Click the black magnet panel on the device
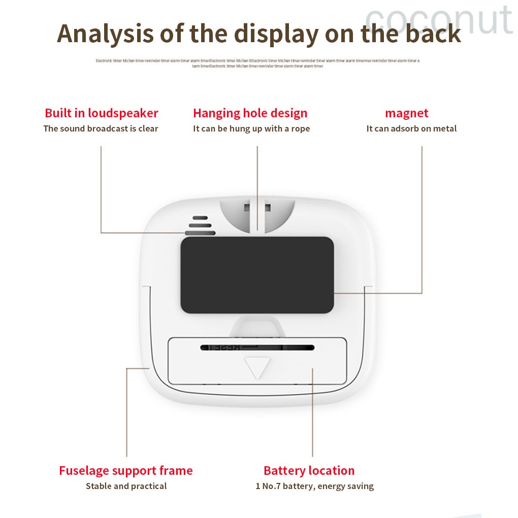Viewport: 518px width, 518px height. point(257,274)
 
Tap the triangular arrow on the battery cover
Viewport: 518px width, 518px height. point(257,366)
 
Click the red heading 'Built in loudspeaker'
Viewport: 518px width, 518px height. point(102,113)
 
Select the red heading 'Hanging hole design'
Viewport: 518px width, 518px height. point(250,113)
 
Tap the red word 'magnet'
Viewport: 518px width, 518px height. point(406,113)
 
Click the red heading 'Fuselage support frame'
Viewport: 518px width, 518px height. point(126,471)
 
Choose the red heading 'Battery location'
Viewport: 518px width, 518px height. point(309,471)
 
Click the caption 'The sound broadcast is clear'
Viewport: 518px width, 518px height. point(101,128)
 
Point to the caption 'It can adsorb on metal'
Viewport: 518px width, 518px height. point(411,128)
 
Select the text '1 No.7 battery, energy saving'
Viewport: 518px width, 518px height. point(314,486)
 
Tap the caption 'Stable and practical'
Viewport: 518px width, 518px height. point(126,486)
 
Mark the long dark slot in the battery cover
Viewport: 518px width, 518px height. point(257,348)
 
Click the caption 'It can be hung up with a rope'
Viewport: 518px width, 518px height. point(251,128)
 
